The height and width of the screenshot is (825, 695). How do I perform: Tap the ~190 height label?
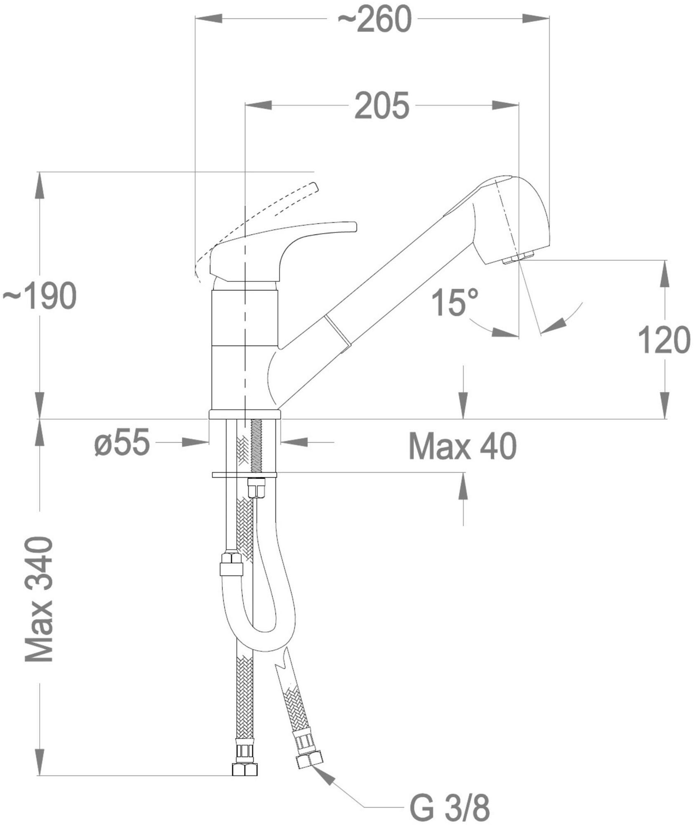[x=40, y=296]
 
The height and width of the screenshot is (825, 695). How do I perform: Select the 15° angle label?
[x=455, y=302]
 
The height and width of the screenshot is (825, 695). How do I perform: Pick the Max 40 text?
[x=462, y=446]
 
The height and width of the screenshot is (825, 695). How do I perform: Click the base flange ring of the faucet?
[x=245, y=415]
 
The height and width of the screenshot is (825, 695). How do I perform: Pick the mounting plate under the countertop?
[x=244, y=475]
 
